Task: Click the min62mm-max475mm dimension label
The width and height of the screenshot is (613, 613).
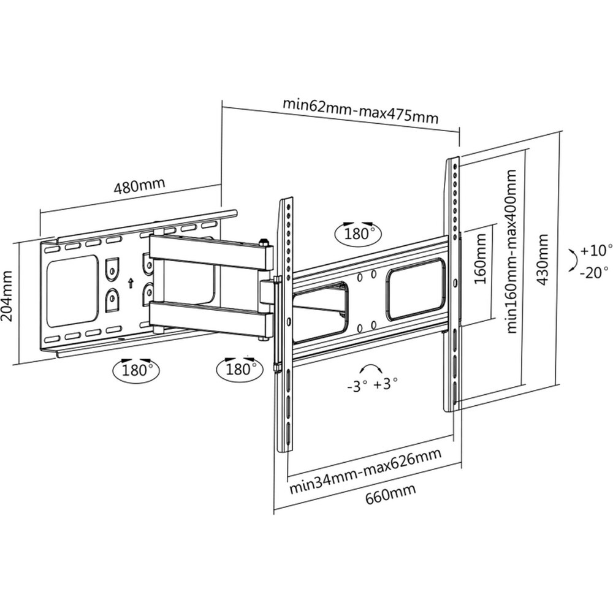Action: point(360,111)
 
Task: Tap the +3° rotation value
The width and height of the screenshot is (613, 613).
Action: point(385,384)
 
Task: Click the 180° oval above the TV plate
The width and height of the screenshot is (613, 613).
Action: point(358,233)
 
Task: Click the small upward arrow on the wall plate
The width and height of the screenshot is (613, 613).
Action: point(130,283)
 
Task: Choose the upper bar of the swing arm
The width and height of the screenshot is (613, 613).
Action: point(209,251)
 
